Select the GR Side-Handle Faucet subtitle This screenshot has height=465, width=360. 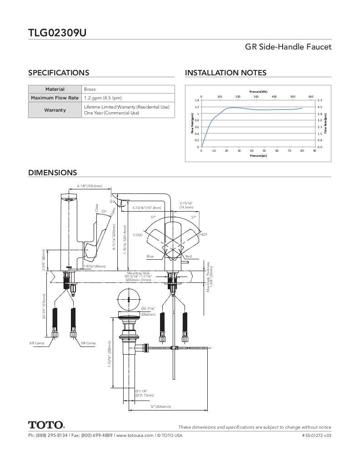click(x=288, y=47)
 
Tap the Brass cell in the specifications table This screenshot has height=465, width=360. click(x=90, y=89)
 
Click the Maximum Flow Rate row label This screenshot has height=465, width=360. click(x=55, y=98)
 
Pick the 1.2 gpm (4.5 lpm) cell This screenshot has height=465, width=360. click(x=103, y=98)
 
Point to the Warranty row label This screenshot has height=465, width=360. click(x=55, y=110)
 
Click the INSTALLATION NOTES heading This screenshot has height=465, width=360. click(x=225, y=73)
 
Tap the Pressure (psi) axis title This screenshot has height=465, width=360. click(x=258, y=156)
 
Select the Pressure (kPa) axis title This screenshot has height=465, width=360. click(x=258, y=92)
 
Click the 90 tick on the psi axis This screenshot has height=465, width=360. click(x=314, y=150)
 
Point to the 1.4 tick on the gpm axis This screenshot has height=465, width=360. click(x=197, y=100)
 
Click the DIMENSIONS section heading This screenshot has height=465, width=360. click(x=53, y=173)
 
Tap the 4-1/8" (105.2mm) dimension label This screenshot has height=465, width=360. click(x=90, y=186)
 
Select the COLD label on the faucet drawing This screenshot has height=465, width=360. click(x=138, y=235)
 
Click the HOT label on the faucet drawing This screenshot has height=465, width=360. click(x=204, y=234)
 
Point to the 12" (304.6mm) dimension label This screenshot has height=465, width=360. click(x=161, y=406)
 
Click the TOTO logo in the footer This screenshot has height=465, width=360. click(x=46, y=425)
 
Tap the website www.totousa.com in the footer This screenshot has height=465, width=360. click(x=135, y=435)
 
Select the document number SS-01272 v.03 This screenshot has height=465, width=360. click(x=316, y=435)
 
